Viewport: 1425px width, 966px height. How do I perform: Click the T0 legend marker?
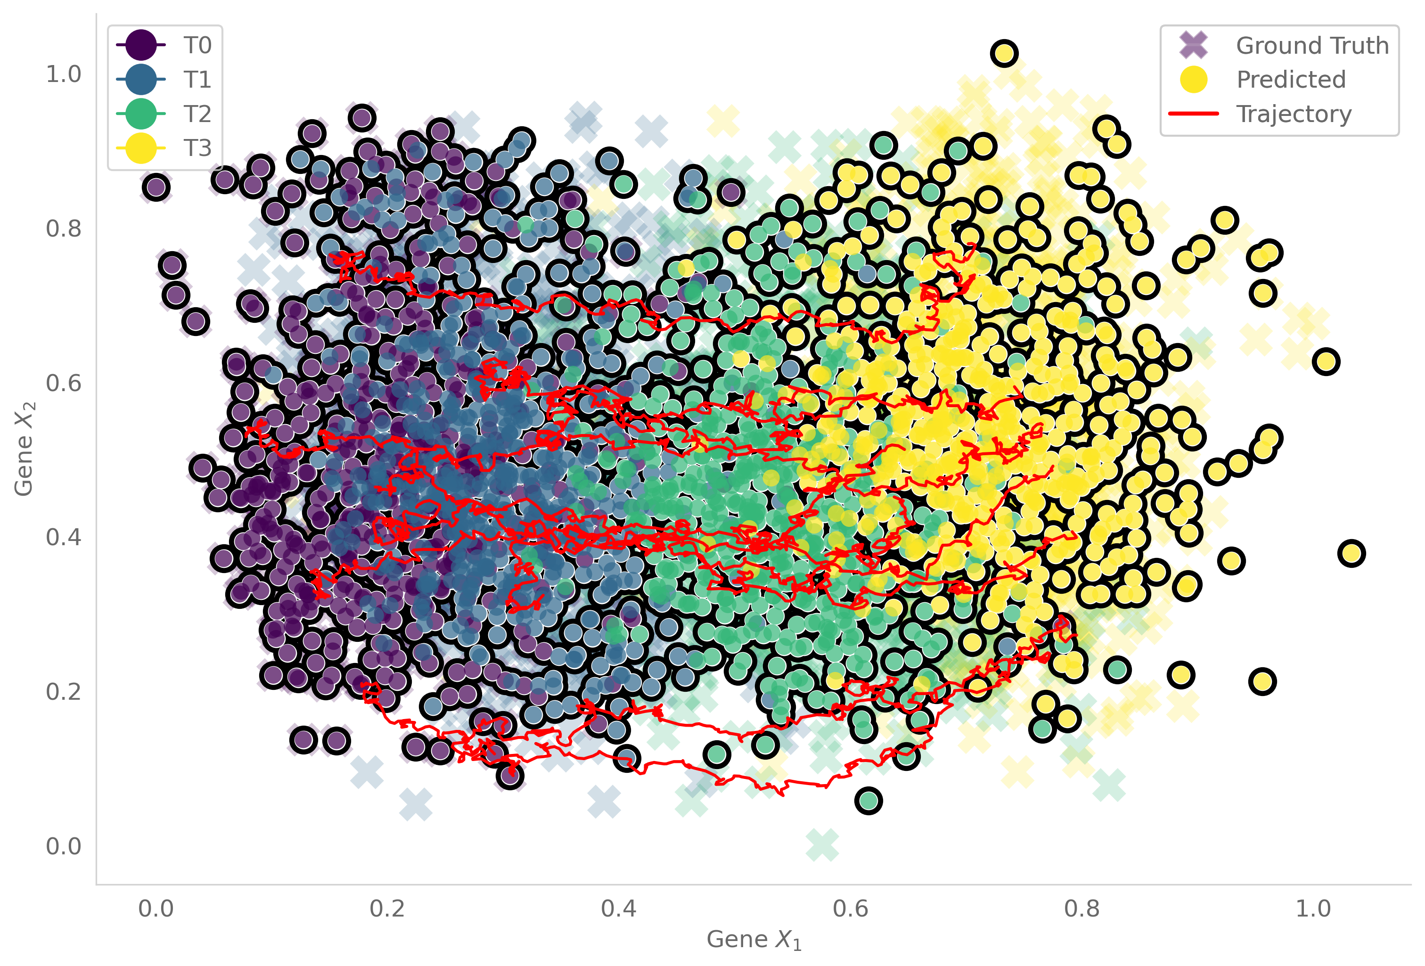click(140, 45)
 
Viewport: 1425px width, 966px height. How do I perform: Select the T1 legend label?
click(197, 80)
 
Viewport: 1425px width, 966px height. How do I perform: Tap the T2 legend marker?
click(140, 114)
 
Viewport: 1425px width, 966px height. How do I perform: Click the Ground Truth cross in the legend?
click(1193, 45)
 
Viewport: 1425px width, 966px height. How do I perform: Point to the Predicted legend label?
click(1291, 80)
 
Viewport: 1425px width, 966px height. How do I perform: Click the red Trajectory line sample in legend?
click(1193, 114)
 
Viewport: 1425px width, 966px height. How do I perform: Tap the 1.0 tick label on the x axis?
click(1313, 909)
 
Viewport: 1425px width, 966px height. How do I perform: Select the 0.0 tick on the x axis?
click(156, 909)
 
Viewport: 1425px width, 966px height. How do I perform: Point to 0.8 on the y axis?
click(64, 228)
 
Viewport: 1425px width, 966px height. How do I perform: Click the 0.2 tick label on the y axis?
click(64, 691)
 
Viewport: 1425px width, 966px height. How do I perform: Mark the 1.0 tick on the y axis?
click(64, 74)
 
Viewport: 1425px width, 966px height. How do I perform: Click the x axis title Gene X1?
click(753, 940)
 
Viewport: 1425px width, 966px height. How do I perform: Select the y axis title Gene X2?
click(25, 449)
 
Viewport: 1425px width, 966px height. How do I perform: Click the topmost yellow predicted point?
click(1004, 53)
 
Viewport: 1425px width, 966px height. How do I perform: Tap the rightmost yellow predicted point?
click(1351, 553)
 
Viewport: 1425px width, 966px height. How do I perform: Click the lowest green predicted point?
click(868, 801)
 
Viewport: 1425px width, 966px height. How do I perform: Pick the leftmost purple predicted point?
click(156, 187)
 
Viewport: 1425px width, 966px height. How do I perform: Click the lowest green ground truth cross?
click(822, 845)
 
